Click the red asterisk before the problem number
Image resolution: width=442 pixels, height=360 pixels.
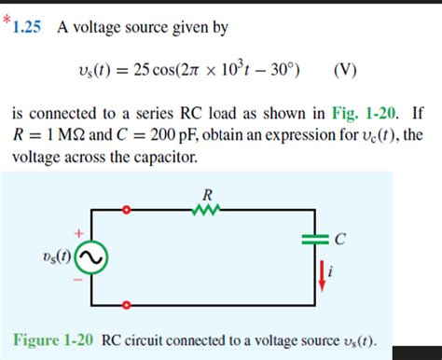click(x=6, y=21)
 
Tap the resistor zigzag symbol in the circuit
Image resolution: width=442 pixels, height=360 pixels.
click(x=207, y=212)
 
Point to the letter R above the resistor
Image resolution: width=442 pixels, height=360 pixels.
click(x=207, y=195)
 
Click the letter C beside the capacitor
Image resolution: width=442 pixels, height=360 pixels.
click(x=340, y=240)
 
